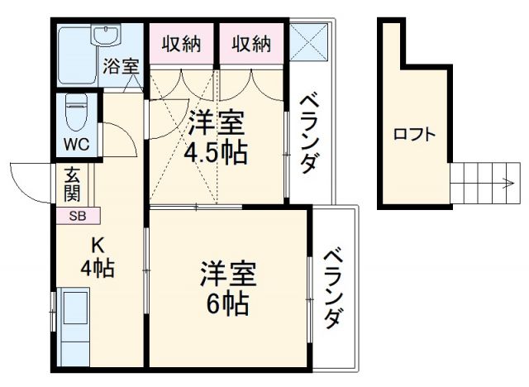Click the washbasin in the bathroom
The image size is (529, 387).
click(x=106, y=36)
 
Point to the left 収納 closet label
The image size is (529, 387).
click(x=181, y=44)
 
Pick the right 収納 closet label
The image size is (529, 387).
click(x=251, y=44)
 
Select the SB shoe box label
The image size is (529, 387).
click(x=76, y=217)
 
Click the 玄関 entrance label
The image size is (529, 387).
click(x=70, y=188)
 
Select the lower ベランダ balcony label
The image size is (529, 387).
click(x=333, y=288)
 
